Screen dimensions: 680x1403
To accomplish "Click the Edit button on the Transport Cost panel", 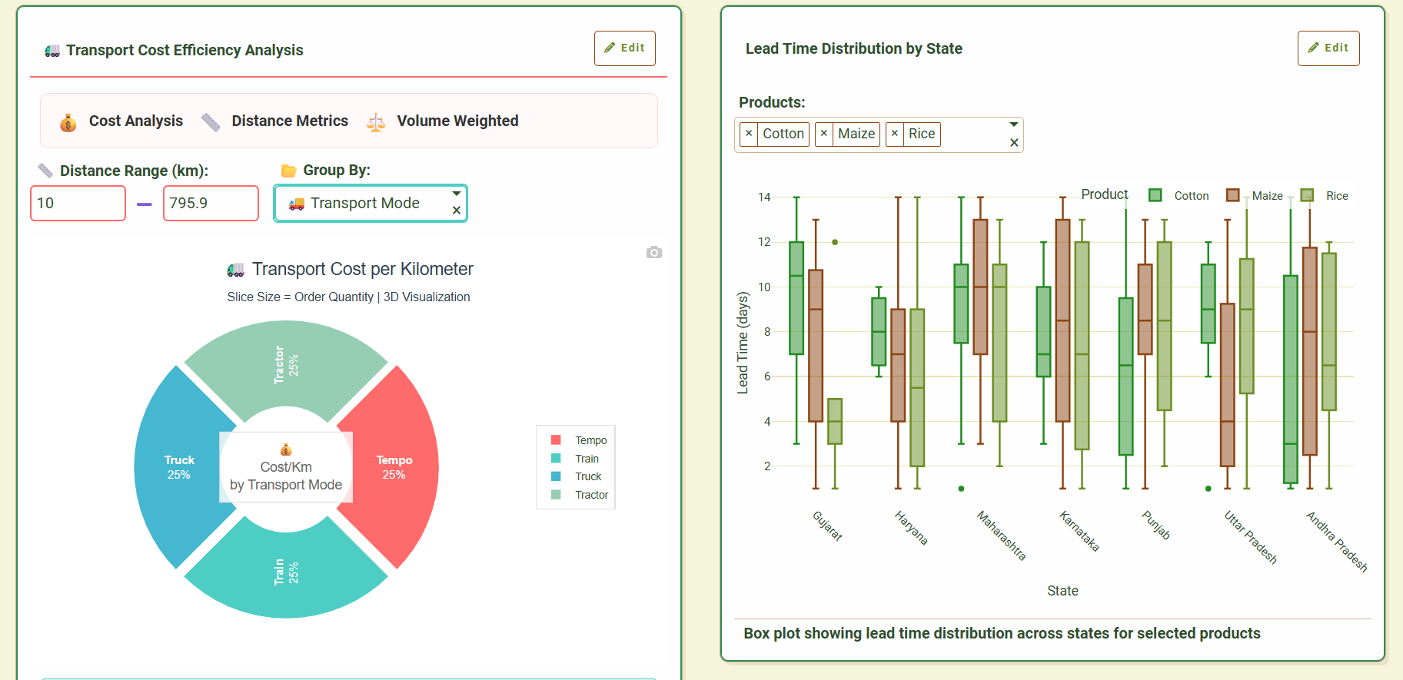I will [x=624, y=48].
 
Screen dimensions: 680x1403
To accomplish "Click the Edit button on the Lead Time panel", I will [x=1328, y=48].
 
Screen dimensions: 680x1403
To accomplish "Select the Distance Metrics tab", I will [x=289, y=121].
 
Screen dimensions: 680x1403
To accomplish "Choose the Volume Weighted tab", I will [x=457, y=121].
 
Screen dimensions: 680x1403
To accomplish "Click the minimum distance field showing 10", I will [x=78, y=203].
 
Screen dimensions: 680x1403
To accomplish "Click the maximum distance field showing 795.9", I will [x=211, y=203].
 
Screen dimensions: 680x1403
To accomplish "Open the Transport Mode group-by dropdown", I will [x=371, y=204].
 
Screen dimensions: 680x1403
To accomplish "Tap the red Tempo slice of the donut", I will [x=394, y=466].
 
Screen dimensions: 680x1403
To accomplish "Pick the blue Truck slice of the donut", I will [x=179, y=466].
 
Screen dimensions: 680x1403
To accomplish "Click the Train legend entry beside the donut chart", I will [x=587, y=459].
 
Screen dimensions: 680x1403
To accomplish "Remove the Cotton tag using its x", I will [x=749, y=134].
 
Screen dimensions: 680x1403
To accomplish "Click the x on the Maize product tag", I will [x=824, y=134].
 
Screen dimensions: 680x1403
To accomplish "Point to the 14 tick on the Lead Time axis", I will [x=764, y=197].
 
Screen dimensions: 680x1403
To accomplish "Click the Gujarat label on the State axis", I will [x=828, y=526].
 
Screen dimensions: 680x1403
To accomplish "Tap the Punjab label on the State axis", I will [x=1156, y=525].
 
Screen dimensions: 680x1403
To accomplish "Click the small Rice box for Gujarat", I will [x=835, y=421].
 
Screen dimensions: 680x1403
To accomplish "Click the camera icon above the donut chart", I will [x=654, y=252].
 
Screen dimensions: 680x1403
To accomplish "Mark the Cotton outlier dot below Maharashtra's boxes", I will [x=961, y=489].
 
